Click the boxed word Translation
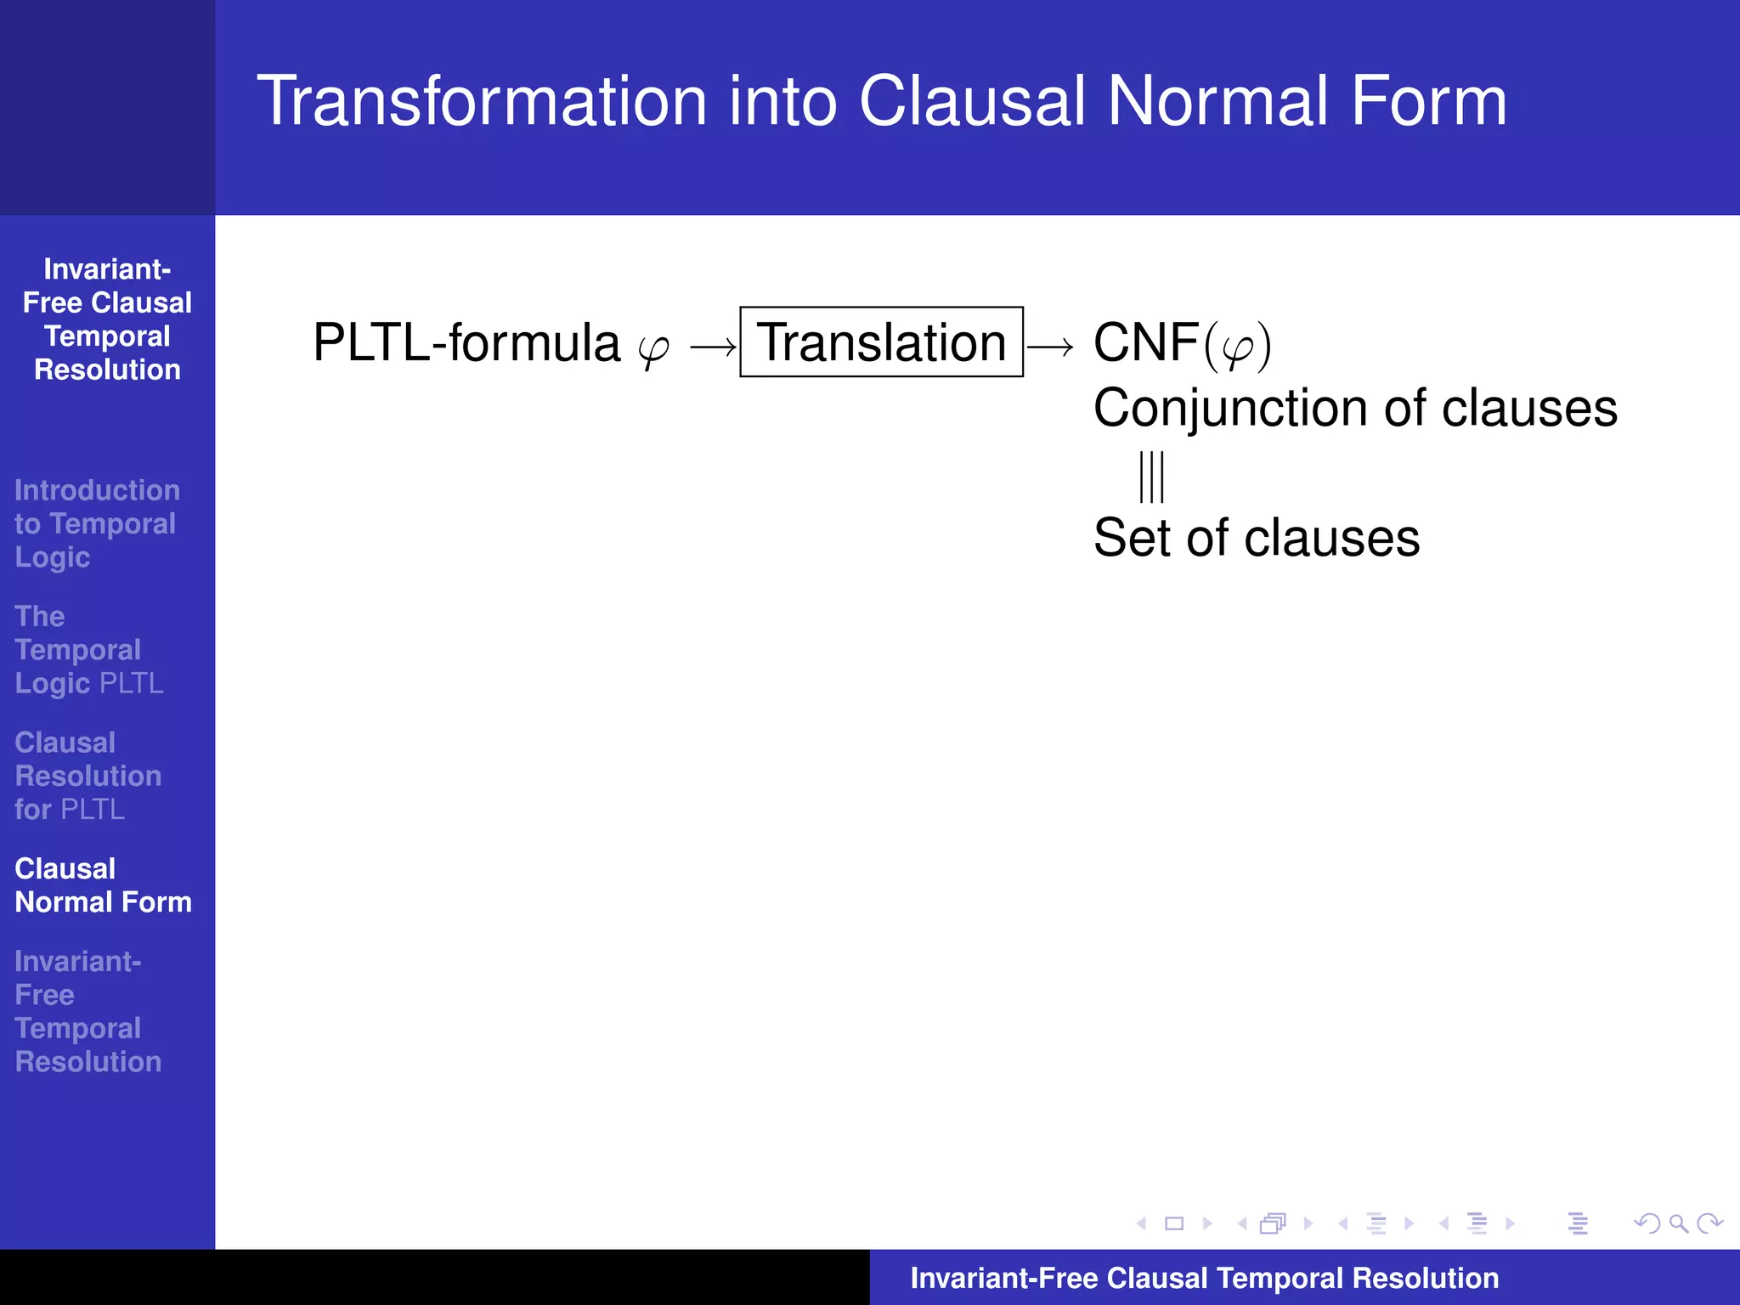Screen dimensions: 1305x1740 (881, 342)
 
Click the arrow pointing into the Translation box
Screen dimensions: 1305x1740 (713, 347)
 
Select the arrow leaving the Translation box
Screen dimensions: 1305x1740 (1050, 347)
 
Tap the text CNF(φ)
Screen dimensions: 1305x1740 (1181, 344)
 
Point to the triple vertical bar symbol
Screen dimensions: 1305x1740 (1151, 477)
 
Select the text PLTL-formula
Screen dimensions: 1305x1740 (466, 342)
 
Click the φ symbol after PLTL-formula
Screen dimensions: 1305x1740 (653, 348)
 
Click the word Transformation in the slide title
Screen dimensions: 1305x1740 (482, 101)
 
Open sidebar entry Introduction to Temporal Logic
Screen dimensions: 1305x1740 (96, 523)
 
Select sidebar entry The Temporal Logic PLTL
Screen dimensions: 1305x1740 (88, 650)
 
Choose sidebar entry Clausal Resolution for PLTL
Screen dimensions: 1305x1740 (88, 776)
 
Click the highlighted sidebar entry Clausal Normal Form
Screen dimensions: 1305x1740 (103, 885)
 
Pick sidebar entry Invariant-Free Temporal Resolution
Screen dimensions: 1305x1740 (88, 1011)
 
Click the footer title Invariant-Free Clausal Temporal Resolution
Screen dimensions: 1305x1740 (1204, 1278)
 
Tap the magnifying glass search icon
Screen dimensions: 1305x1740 (1678, 1223)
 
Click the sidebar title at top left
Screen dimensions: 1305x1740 (107, 319)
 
